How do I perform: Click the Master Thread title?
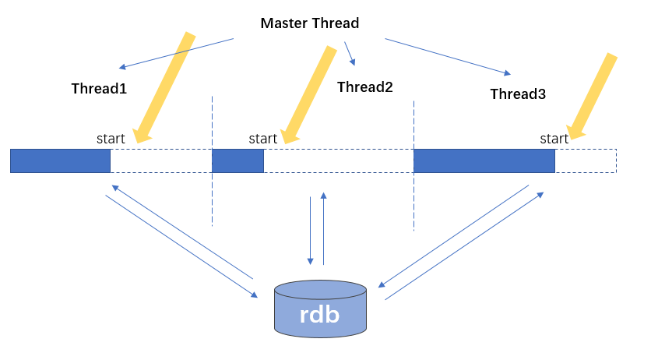(x=310, y=23)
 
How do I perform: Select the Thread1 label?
(x=99, y=89)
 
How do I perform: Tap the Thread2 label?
(x=365, y=87)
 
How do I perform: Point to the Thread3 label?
(x=518, y=94)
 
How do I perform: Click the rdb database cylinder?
(x=320, y=309)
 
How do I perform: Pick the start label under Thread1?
(x=111, y=139)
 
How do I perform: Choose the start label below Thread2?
(x=262, y=139)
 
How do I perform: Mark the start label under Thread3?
(x=554, y=139)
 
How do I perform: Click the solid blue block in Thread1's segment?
(x=60, y=161)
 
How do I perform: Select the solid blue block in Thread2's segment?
(x=238, y=161)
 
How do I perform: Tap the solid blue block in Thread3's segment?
(x=484, y=161)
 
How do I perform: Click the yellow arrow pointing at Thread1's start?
(x=165, y=88)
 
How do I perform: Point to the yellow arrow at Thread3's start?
(x=591, y=97)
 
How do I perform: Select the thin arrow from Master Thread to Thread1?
(x=176, y=54)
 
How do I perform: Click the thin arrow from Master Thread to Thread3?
(x=448, y=57)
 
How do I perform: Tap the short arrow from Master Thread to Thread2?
(x=350, y=54)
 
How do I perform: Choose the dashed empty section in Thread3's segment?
(x=586, y=161)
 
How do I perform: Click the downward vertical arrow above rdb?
(x=310, y=231)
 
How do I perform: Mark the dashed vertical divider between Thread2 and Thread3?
(x=414, y=166)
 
